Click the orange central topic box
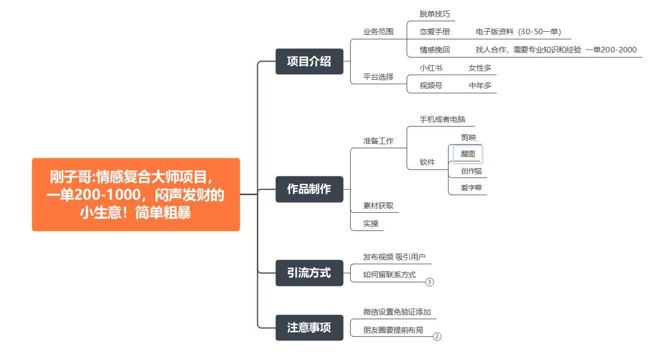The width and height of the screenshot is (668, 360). tap(136, 194)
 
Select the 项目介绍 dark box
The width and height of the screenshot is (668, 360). tap(309, 62)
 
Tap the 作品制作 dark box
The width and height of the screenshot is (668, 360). tap(309, 189)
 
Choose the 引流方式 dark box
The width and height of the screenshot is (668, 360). tap(309, 273)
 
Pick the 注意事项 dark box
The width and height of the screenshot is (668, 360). tap(309, 328)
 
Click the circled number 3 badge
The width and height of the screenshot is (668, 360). tap(429, 282)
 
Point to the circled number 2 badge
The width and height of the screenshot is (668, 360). tap(437, 336)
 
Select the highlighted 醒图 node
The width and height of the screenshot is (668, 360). tap(468, 154)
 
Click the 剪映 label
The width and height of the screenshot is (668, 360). tap(469, 137)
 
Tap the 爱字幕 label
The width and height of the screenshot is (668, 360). tap(471, 188)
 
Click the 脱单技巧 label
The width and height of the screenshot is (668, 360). tap(435, 14)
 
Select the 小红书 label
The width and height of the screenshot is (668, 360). tap(431, 68)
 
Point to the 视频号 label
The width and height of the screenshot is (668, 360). tap(431, 86)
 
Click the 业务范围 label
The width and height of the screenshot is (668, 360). tap(378, 32)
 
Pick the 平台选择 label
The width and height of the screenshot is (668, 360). tap(378, 77)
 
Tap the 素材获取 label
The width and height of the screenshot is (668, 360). tap(378, 206)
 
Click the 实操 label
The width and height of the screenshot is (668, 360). tap(371, 223)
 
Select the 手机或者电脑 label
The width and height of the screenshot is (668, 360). tap(442, 119)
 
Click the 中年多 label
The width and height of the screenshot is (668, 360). tap(480, 86)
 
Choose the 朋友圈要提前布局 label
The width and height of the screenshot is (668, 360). tap(393, 330)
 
